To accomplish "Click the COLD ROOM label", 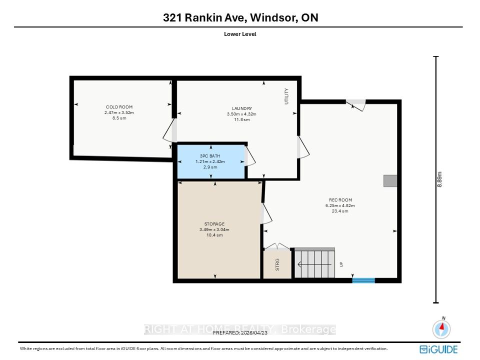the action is (x=119, y=107).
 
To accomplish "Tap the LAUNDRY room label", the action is (x=242, y=108).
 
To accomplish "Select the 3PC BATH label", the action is (x=210, y=156).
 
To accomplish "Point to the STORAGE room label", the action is (x=214, y=224).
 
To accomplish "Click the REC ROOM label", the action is (x=340, y=200).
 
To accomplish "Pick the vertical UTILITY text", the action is (x=286, y=96).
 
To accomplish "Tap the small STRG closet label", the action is (x=277, y=265).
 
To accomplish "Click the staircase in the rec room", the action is (x=314, y=262).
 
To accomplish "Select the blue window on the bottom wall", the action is (x=363, y=280).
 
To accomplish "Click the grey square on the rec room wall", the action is (x=390, y=181).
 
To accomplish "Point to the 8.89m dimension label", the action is (x=439, y=179).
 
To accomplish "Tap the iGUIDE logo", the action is (x=438, y=349).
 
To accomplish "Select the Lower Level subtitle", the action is (x=240, y=34).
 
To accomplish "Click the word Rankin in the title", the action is (x=203, y=17).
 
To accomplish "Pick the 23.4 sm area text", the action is (x=340, y=211).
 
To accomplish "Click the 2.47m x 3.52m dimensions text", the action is (x=119, y=112).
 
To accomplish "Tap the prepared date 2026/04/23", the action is (x=254, y=333).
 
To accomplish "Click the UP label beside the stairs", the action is (x=341, y=264).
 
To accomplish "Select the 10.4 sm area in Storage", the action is (x=214, y=235).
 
